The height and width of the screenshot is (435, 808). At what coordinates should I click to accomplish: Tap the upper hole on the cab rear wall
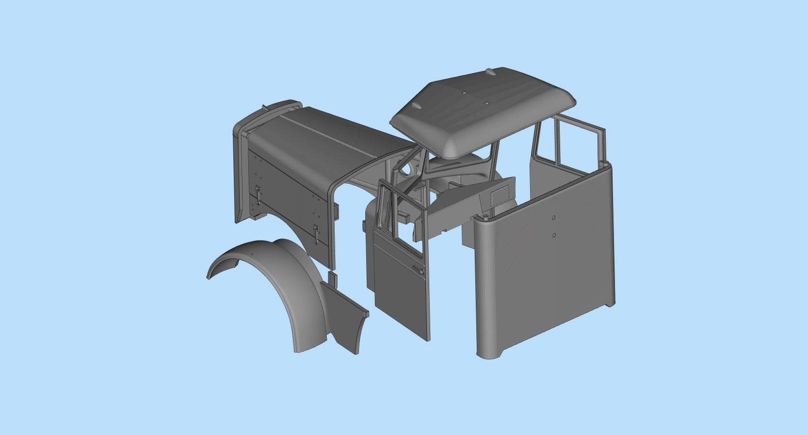coord(553,218)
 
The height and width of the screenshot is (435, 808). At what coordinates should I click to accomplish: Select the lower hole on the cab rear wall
coord(554,235)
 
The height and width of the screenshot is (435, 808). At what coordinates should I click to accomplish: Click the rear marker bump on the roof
coord(490,72)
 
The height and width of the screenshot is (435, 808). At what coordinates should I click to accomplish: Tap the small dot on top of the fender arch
coord(253,254)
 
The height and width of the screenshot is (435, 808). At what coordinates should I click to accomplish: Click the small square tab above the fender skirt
coord(332,279)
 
